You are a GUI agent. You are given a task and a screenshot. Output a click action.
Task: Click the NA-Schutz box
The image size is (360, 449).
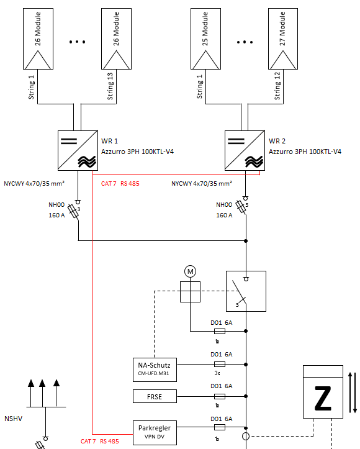pyautogui.click(x=155, y=370)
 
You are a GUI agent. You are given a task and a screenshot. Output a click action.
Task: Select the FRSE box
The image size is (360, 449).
pyautogui.click(x=155, y=396)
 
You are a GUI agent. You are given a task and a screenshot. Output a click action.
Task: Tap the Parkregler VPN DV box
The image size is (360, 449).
pyautogui.click(x=155, y=432)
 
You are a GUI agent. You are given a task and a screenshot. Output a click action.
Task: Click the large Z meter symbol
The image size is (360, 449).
pyautogui.click(x=323, y=392)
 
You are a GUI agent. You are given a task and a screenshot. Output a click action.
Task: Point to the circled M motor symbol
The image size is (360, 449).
pyautogui.click(x=191, y=271)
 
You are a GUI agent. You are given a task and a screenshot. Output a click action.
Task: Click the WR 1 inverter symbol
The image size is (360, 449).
pyautogui.click(x=78, y=150)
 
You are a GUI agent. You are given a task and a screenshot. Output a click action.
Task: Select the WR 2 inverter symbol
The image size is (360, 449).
pyautogui.click(x=245, y=150)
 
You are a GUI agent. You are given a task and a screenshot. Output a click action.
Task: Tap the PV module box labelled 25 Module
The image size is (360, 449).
pyautogui.click(x=205, y=39)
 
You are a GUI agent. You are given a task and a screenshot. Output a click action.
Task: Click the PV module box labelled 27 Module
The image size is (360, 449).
pyautogui.click(x=283, y=39)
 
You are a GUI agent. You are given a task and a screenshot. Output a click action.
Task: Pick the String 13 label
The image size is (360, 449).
pyautogui.click(x=110, y=86)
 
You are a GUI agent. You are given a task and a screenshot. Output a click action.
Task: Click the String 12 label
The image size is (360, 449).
pyautogui.click(x=277, y=86)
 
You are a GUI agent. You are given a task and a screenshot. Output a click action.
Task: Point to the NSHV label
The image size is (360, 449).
pyautogui.click(x=14, y=419)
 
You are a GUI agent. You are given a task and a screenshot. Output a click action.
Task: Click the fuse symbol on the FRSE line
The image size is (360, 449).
pyautogui.click(x=220, y=396)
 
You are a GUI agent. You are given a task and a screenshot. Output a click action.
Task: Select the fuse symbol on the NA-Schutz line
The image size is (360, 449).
pyautogui.click(x=220, y=365)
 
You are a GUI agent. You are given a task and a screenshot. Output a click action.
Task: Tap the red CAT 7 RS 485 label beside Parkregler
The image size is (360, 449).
pyautogui.click(x=99, y=442)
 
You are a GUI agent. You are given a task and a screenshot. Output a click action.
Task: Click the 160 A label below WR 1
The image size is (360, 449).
pyautogui.click(x=56, y=215)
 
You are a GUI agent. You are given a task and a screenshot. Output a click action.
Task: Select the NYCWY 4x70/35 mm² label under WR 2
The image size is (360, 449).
pyautogui.click(x=202, y=184)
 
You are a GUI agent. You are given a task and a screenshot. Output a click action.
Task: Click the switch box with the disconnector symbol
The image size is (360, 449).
pyautogui.click(x=246, y=291)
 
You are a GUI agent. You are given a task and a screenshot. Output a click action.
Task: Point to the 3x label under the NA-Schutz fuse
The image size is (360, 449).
pyautogui.click(x=217, y=373)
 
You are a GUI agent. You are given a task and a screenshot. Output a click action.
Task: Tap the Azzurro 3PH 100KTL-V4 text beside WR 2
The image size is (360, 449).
pyautogui.click(x=305, y=152)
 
